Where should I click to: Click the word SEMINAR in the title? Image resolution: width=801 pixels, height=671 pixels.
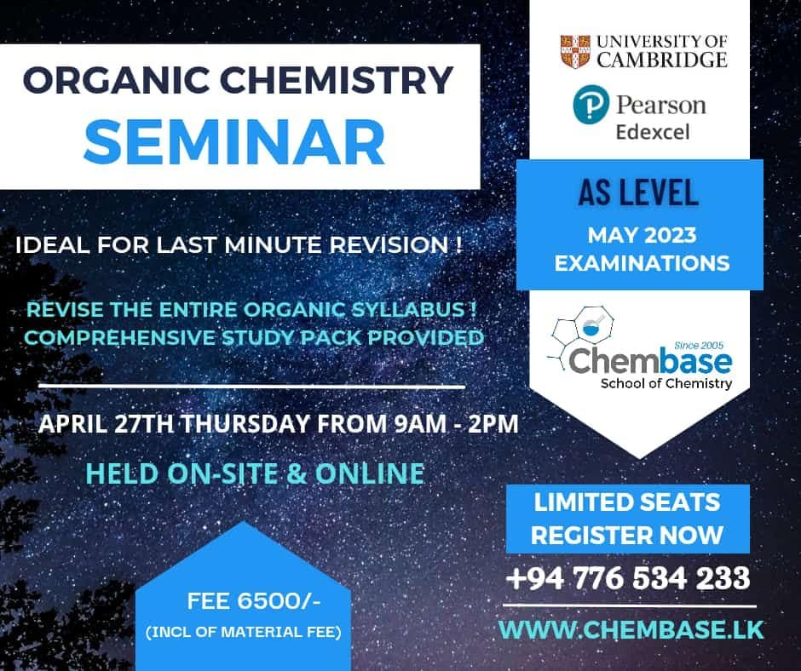[x=234, y=141]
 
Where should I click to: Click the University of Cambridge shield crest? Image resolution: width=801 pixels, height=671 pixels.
[x=574, y=52]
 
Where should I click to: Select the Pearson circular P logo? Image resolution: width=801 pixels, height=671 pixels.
[x=591, y=104]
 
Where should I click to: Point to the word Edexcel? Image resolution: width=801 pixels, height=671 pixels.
[x=653, y=132]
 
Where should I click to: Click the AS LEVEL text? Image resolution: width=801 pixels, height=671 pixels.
[x=638, y=192]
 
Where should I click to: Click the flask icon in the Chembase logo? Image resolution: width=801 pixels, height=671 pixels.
[x=592, y=325]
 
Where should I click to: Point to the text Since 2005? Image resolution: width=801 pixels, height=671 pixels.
[x=699, y=345]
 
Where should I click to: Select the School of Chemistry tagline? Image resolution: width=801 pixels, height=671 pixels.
[x=666, y=383]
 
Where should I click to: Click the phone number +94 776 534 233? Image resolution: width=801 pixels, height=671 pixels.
[x=628, y=578]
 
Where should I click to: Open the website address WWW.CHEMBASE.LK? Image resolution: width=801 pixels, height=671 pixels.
[x=631, y=629]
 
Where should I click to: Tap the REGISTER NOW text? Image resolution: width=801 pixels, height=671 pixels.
[x=627, y=535]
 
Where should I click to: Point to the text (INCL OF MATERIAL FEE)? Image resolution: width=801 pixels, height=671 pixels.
[x=244, y=632]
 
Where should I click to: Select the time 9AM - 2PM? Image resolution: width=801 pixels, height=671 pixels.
[x=456, y=424]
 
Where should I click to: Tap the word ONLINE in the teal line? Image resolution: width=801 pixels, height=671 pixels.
[x=370, y=473]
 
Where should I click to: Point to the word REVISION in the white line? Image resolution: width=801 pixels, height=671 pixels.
[x=389, y=244]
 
